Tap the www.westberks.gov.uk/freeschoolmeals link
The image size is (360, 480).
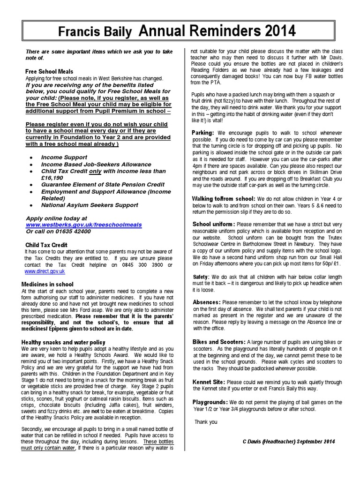[x=83, y=225]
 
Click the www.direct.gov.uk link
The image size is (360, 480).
[x=45, y=271]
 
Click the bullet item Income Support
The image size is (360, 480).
[x=64, y=157]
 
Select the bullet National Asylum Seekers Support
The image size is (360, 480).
[x=90, y=205]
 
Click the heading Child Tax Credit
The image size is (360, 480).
[x=46, y=245]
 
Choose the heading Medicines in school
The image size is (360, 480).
[x=47, y=285]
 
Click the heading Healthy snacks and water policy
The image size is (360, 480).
[x=63, y=343]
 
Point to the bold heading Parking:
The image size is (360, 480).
[x=203, y=133]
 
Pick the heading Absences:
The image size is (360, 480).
[x=207, y=302]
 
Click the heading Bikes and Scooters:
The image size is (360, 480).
[x=219, y=342]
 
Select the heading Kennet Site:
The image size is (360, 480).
[x=209, y=382]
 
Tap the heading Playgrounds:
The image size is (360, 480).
[x=210, y=402]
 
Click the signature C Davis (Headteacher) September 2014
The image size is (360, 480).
[x=289, y=442]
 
